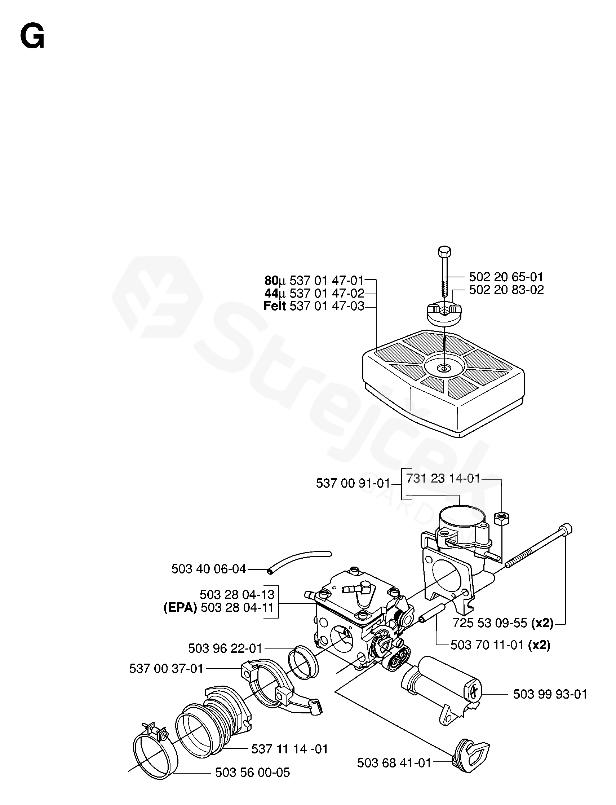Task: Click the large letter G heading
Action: pos(32,38)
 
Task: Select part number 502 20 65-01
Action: pos(506,277)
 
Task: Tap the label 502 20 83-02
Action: pos(506,290)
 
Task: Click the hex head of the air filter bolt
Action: pos(444,252)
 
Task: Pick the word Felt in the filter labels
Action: pos(275,305)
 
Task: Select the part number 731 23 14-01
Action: pos(443,479)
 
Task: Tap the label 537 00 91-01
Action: pos(353,483)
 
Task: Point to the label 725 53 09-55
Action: pos(489,623)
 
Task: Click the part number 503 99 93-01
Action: pos(550,694)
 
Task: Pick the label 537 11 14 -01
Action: pos(289,749)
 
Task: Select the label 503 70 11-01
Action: pos(487,645)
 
